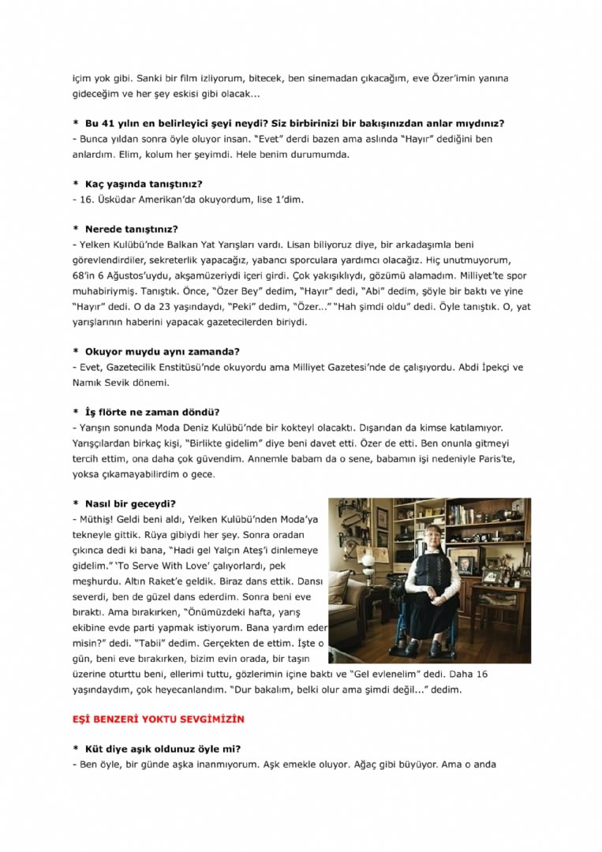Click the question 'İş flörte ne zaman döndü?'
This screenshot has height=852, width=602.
(x=151, y=412)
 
